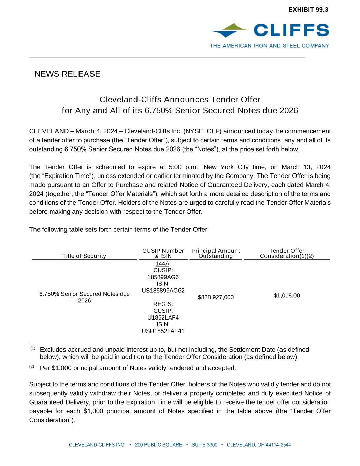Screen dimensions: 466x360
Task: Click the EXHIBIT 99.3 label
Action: [x=308, y=10]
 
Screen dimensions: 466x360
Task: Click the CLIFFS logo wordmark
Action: [x=291, y=30]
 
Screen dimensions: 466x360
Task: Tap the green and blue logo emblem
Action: [x=228, y=30]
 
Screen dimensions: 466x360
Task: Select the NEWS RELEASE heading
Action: [x=67, y=74]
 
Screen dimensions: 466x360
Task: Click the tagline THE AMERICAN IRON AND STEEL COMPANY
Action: [x=269, y=46]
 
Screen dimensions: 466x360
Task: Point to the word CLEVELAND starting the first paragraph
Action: [x=49, y=131]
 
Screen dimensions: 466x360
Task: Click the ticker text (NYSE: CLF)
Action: [x=203, y=131]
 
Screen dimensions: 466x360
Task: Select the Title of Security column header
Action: [x=84, y=256]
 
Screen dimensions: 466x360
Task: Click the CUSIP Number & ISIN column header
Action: [x=163, y=253]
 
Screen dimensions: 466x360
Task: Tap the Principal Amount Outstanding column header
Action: [x=216, y=253]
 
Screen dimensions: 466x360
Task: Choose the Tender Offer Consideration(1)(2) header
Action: [x=287, y=253]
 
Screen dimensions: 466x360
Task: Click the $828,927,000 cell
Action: [x=216, y=297]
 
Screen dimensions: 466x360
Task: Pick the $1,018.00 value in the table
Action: [x=287, y=296]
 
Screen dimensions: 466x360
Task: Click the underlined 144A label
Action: [x=162, y=264]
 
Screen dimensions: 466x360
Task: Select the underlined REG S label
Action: [x=162, y=304]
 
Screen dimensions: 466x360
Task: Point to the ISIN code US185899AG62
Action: [x=163, y=291]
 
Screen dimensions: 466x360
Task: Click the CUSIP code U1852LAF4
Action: [x=163, y=317]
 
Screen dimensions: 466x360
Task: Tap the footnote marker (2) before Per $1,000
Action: [x=32, y=367]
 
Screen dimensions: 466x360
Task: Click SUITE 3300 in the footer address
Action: [x=204, y=445]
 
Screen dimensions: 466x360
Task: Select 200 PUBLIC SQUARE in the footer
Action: [x=159, y=445]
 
